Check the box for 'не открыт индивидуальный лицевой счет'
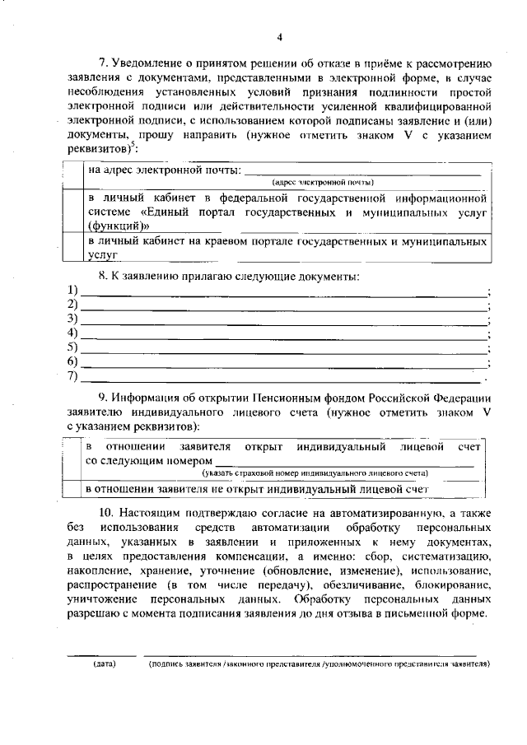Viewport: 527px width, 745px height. [74, 489]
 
